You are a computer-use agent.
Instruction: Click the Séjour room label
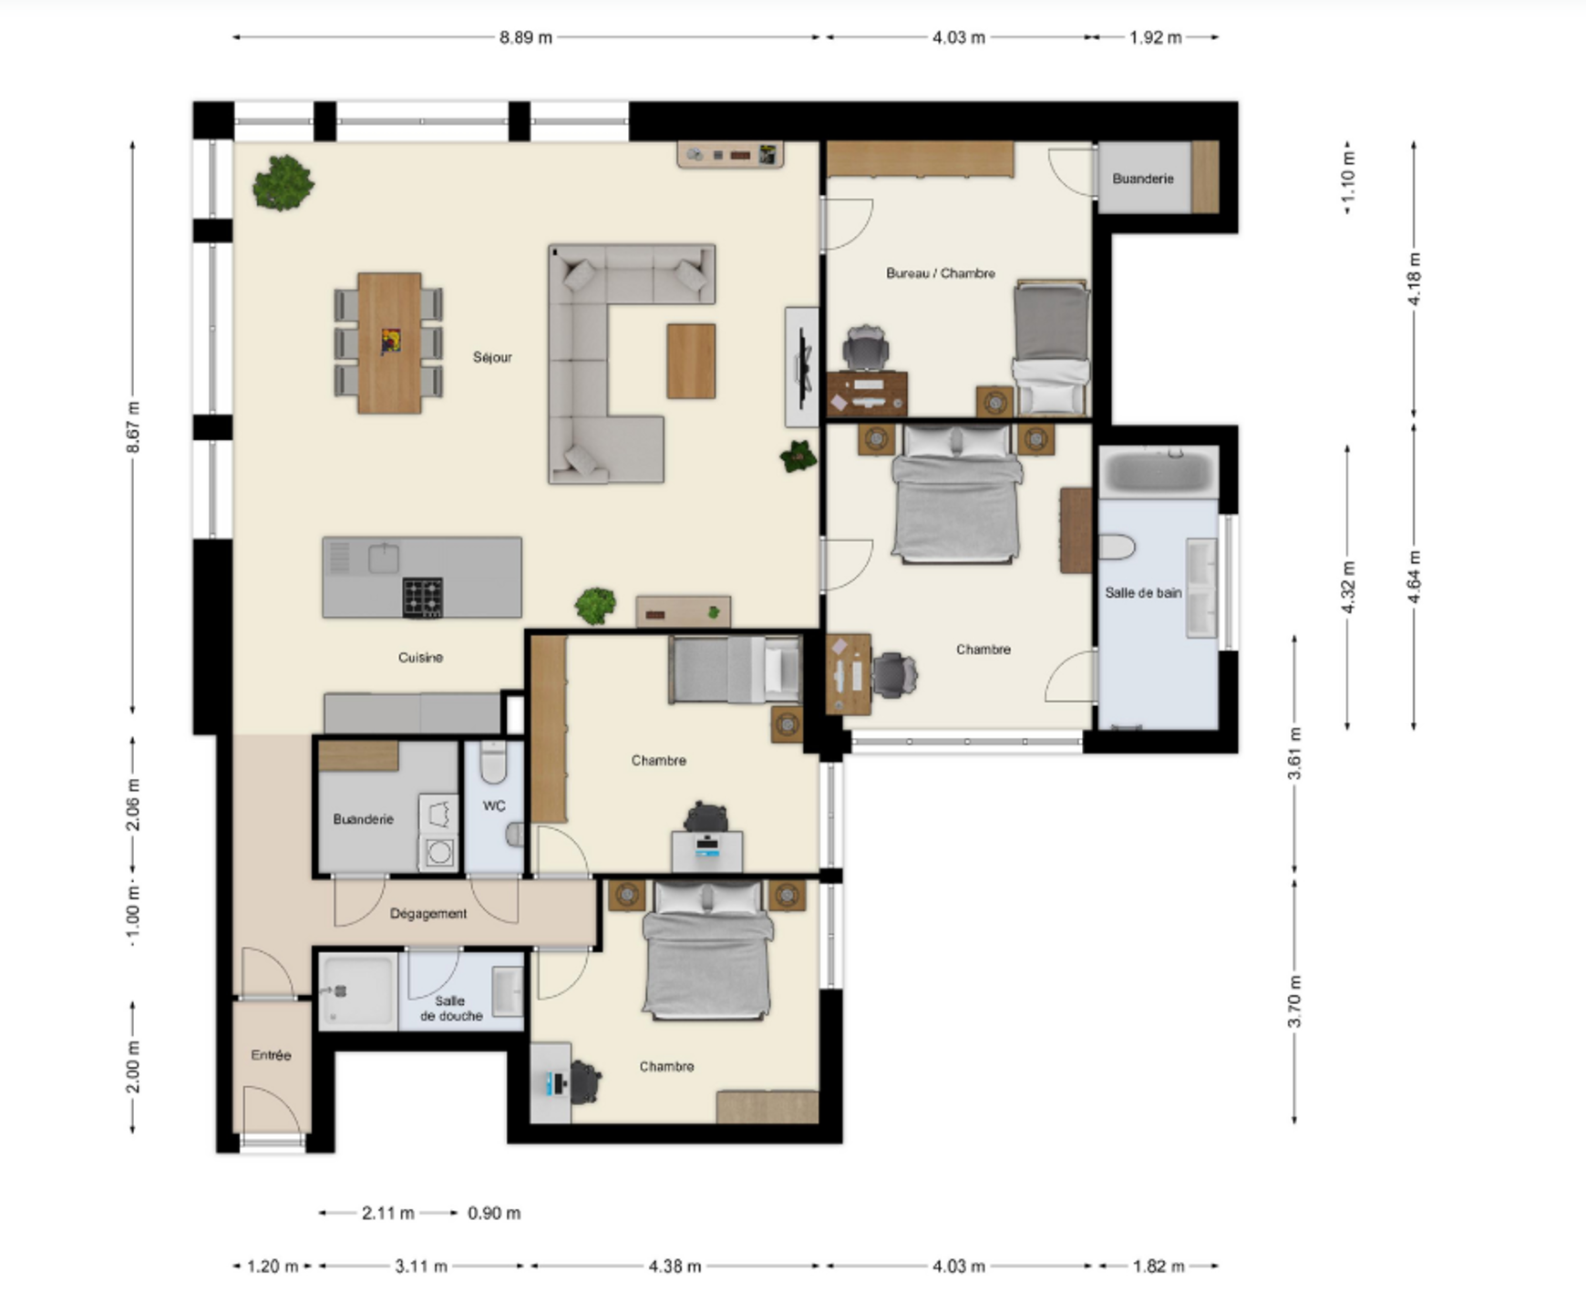click(492, 357)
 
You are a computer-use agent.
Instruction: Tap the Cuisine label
click(420, 657)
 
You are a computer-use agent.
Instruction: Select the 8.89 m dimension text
click(526, 37)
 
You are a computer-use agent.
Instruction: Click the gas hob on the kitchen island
click(423, 598)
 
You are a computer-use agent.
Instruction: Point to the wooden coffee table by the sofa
click(691, 362)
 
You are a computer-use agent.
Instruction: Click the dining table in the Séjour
click(390, 343)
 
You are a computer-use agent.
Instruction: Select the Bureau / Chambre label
click(941, 272)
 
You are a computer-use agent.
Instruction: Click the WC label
click(494, 805)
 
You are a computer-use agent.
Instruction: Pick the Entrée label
click(271, 1055)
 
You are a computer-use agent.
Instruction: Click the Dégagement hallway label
click(428, 913)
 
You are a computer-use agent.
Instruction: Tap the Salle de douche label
click(451, 1008)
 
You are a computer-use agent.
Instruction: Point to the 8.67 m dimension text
click(133, 427)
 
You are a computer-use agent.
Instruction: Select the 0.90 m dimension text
click(494, 1213)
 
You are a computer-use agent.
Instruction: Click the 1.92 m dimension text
click(1155, 37)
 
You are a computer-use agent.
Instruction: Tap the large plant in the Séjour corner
click(283, 182)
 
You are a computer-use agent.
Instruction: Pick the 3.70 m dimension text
click(1294, 1000)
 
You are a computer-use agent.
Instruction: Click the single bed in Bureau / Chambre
click(1052, 347)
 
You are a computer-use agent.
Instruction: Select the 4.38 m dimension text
click(675, 1266)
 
